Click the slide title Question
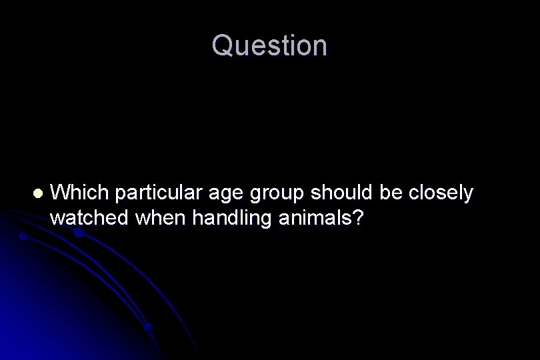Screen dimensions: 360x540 (x=270, y=46)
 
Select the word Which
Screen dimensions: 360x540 (x=79, y=193)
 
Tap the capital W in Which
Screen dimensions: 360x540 (x=59, y=193)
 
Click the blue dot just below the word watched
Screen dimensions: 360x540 (x=79, y=233)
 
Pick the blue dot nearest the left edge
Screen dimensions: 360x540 (x=22, y=236)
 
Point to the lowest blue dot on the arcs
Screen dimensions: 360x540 (x=149, y=327)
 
